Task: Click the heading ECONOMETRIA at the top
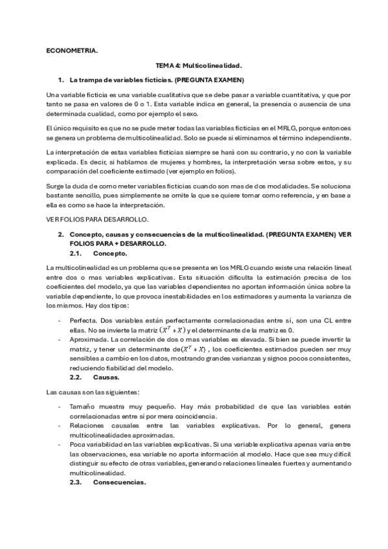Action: tap(73, 50)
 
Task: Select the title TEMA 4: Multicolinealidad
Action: tap(198, 65)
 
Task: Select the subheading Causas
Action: tap(105, 376)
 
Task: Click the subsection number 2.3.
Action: tap(76, 482)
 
